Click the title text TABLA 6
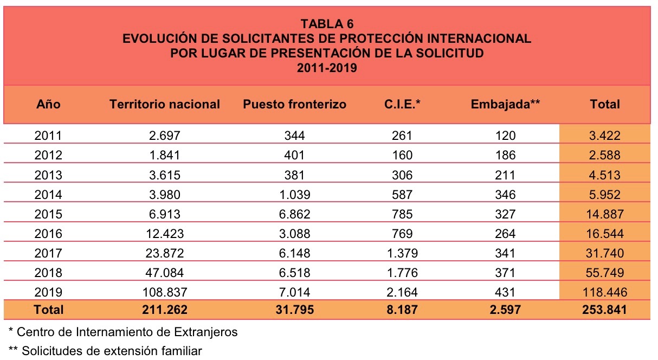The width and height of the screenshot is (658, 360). tap(327, 24)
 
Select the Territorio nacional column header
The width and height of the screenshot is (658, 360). tap(165, 104)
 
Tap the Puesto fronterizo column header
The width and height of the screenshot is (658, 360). tap(294, 104)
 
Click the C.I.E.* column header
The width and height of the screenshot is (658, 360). tap(402, 104)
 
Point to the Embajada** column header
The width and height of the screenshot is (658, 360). tap(506, 104)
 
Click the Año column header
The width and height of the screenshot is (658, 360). tap(48, 104)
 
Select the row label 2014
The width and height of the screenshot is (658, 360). tap(48, 194)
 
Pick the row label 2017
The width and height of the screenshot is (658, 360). tap(48, 253)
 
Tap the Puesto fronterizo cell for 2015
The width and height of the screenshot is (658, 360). tap(294, 214)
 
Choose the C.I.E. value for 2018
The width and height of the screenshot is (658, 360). tap(402, 273)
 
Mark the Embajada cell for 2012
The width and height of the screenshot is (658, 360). tap(506, 155)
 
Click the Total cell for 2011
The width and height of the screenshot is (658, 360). tap(604, 136)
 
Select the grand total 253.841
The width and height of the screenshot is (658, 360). tap(604, 310)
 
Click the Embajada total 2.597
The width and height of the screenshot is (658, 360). tap(506, 310)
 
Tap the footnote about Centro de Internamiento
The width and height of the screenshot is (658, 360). tap(124, 331)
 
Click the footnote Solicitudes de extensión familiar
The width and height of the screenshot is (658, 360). tap(106, 351)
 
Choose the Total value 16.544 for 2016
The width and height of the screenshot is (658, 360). tap(604, 234)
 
